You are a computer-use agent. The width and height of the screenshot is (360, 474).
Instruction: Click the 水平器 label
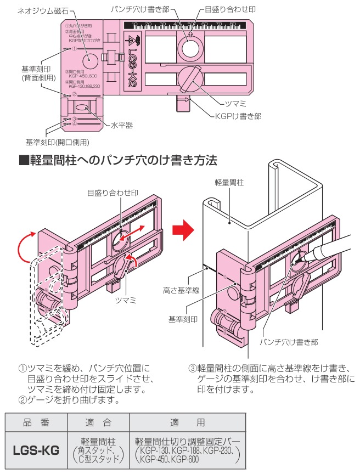(x=122, y=125)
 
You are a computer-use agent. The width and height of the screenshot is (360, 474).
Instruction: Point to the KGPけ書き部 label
(x=238, y=116)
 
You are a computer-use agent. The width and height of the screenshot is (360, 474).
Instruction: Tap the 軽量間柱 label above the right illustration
(x=230, y=182)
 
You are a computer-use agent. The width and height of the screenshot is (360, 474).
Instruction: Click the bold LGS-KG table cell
(x=36, y=450)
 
